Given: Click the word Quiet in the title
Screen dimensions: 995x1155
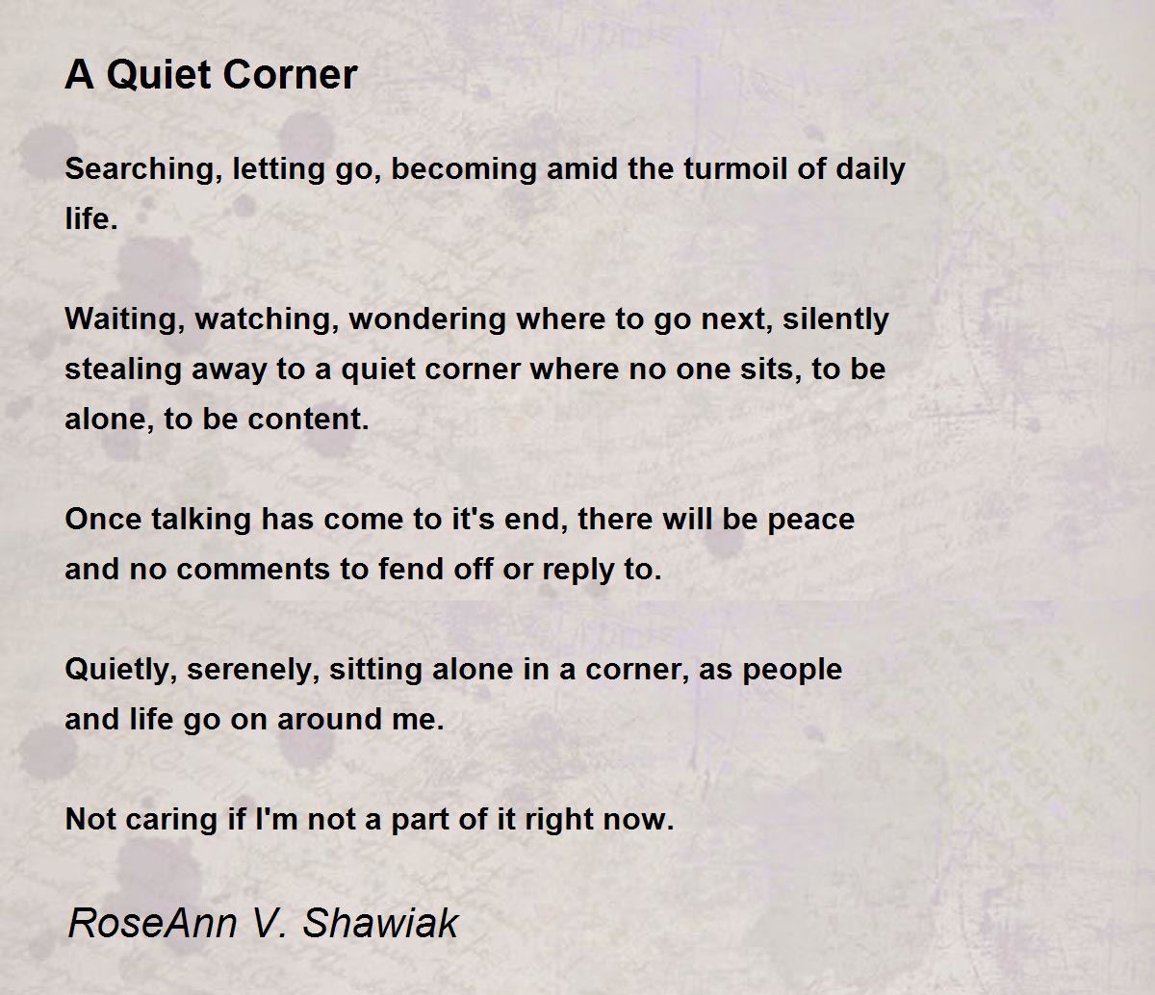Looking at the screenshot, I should pyautogui.click(x=149, y=75).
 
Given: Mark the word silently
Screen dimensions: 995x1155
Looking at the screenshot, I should pyautogui.click(x=835, y=319).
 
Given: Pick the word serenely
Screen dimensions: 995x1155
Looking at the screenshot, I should pyautogui.click(x=252, y=670).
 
